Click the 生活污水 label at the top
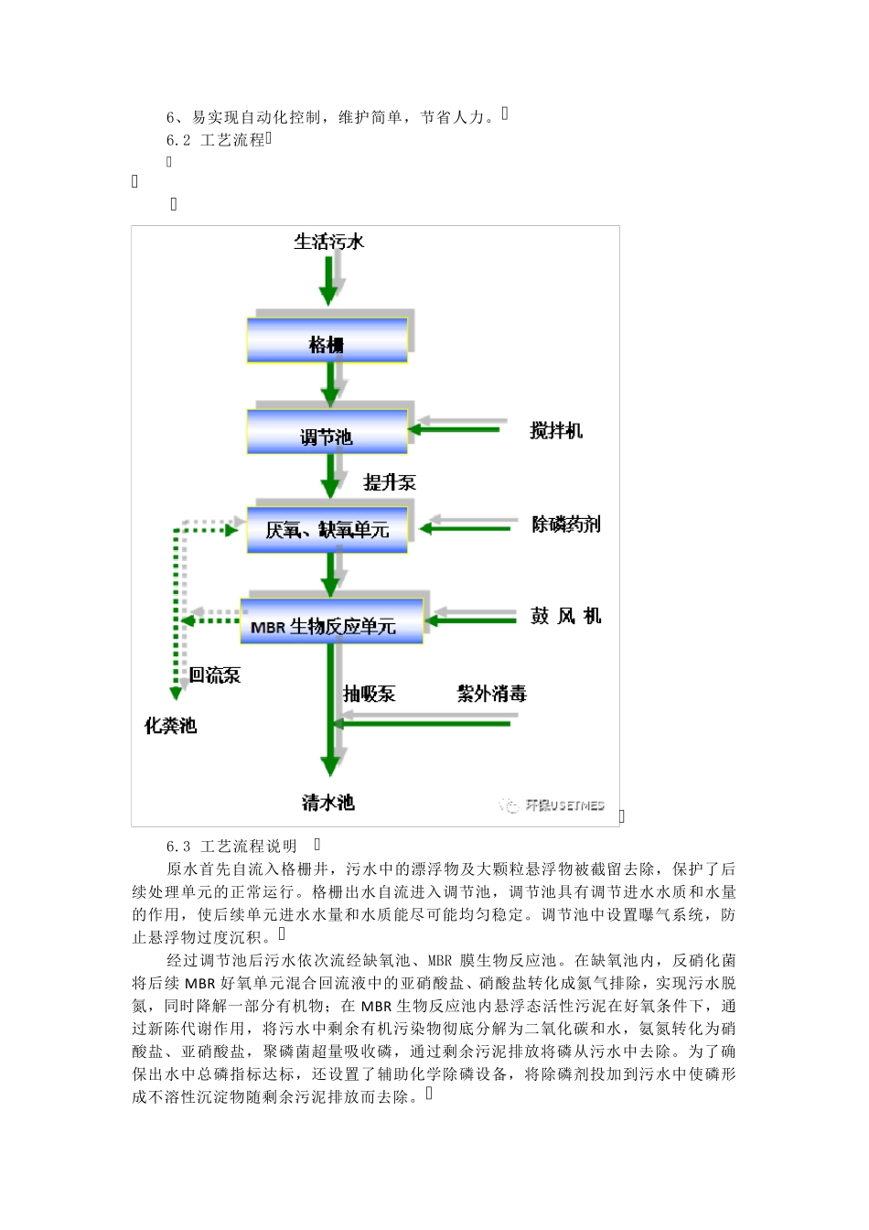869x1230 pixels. (328, 242)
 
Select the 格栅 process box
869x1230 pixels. (327, 340)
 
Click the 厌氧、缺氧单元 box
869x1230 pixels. (327, 529)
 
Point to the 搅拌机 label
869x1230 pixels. (556, 430)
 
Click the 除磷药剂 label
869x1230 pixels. (566, 524)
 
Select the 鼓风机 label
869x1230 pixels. (565, 616)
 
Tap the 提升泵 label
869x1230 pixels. (390, 482)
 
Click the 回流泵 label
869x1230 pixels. (215, 675)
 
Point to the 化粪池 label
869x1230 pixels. (170, 726)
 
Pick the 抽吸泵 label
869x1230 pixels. (370, 694)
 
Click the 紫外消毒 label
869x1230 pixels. (492, 694)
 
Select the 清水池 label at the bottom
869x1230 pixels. (327, 803)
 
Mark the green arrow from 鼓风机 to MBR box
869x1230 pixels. (471, 620)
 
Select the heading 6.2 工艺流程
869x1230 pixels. (216, 140)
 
